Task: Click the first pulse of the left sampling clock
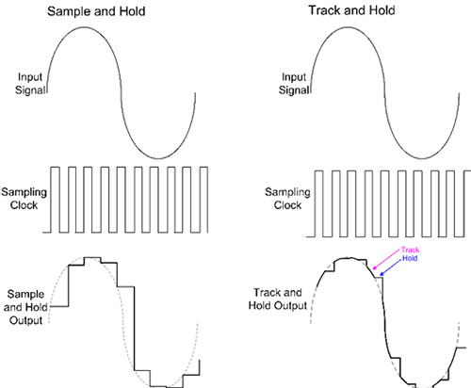coord(59,200)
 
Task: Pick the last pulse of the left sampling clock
coord(202,200)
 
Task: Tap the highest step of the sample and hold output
coord(91,256)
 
